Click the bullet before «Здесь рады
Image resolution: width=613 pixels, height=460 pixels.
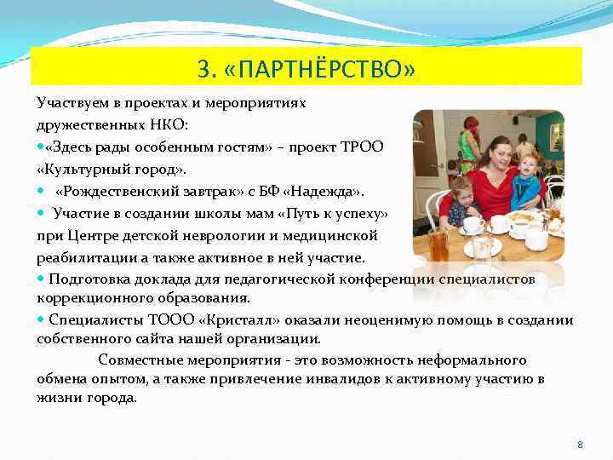point(41,147)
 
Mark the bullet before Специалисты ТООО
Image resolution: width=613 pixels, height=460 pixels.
point(41,320)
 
